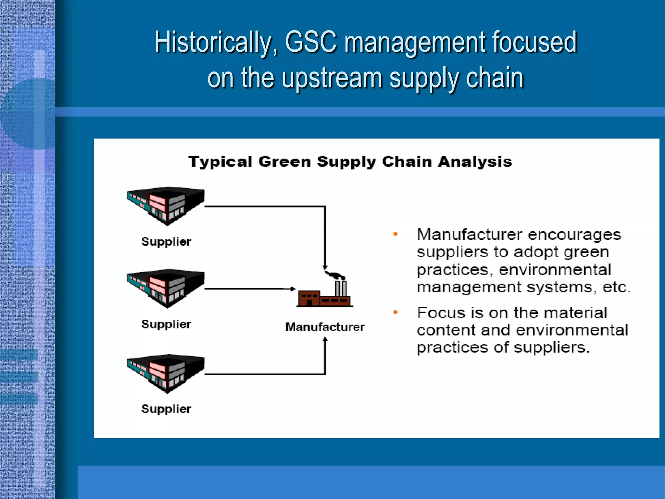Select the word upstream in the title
tap(331, 78)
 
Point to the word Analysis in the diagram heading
tap(475, 161)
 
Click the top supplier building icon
tap(166, 205)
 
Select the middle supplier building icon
tap(166, 288)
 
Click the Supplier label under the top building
tap(166, 241)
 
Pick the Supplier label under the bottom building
tap(166, 409)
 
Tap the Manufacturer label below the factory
tap(325, 327)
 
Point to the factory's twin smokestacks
tap(341, 288)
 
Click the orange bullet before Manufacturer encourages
tap(395, 234)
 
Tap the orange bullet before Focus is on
tap(395, 312)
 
